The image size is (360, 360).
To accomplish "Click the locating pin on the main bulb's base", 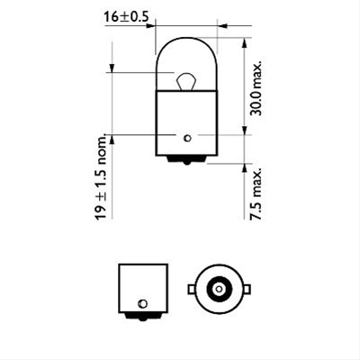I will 185,138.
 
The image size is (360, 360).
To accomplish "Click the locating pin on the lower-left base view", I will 142,301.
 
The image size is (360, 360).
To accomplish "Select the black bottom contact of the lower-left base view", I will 142,316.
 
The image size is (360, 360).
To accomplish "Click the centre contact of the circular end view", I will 219,290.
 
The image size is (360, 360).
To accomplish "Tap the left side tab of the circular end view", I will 191,290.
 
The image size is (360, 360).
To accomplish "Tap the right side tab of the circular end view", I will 247,290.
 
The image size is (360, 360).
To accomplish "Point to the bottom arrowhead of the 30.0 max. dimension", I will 246,131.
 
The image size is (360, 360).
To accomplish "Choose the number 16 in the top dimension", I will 110,16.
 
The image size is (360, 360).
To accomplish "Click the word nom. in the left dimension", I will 101,149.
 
